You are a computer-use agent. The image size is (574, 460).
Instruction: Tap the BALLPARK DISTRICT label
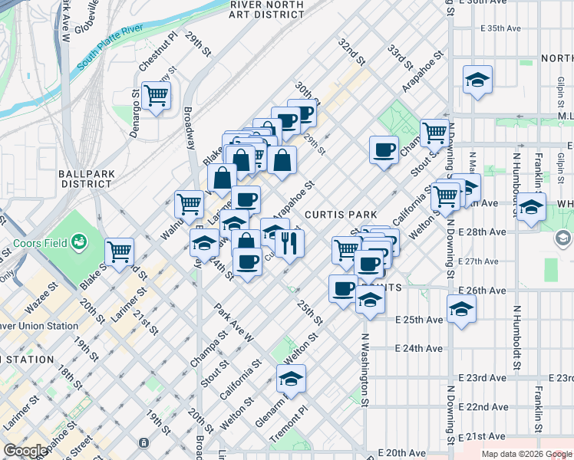pyautogui.click(x=87, y=179)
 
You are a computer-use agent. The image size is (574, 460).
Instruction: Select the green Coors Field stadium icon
pyautogui.click(x=78, y=243)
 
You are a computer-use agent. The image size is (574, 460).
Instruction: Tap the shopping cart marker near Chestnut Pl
pyautogui.click(x=157, y=96)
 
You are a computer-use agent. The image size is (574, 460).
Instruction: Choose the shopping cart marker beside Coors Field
pyautogui.click(x=119, y=251)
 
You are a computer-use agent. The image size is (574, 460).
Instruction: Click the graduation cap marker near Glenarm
pyautogui.click(x=291, y=379)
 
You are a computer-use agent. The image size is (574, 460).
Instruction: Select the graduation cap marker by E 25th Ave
pyautogui.click(x=461, y=309)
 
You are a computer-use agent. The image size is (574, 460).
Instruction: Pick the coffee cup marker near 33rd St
pyautogui.click(x=384, y=149)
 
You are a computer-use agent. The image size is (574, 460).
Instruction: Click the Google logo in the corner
pyautogui.click(x=25, y=451)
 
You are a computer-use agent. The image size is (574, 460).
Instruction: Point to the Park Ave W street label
pyautogui.click(x=234, y=323)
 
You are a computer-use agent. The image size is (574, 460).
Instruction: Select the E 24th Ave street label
pyautogui.click(x=418, y=348)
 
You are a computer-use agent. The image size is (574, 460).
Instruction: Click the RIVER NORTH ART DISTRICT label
pyautogui.click(x=267, y=9)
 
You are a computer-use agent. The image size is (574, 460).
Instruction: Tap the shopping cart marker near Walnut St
pyautogui.click(x=189, y=204)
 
